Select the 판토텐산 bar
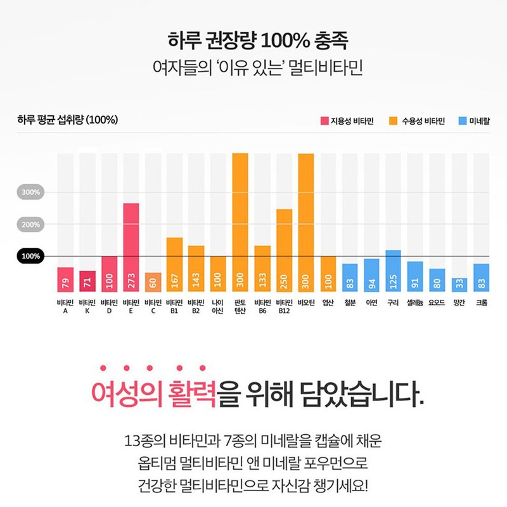(240, 222)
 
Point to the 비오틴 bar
(306, 222)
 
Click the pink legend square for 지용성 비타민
(324, 120)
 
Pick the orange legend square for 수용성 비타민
(393, 120)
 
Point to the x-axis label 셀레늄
(415, 303)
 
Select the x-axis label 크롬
(481, 303)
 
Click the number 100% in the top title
(279, 41)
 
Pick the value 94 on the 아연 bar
(371, 281)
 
